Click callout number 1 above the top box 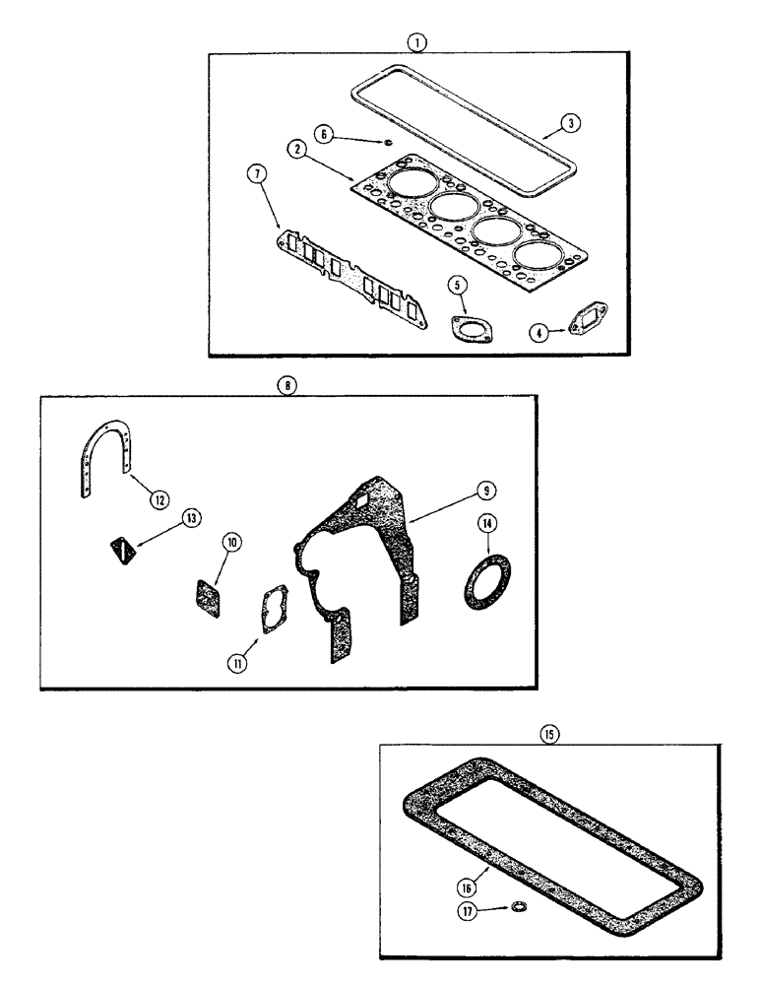[x=418, y=42]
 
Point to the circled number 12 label [x=158, y=498]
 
